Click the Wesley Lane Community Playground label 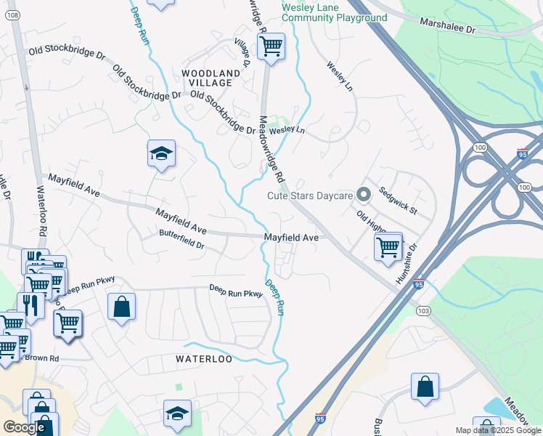click(334, 12)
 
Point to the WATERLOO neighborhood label click(204, 359)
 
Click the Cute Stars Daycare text click(309, 195)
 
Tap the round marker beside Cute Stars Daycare click(364, 194)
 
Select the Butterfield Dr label click(182, 239)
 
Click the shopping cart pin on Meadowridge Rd click(271, 47)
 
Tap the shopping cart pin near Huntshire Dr click(388, 247)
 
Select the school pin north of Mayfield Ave click(161, 153)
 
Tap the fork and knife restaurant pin click(30, 304)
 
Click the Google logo click(24, 427)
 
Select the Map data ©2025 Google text click(497, 430)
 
